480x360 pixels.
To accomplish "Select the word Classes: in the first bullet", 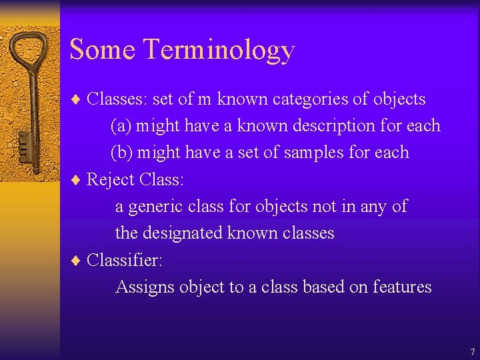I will click(117, 99).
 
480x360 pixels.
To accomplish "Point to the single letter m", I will click(205, 100).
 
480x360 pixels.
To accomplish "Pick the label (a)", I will click(121, 126).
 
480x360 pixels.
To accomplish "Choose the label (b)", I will click(121, 153).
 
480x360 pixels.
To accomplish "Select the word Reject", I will click(111, 180).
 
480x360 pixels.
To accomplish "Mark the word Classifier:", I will click(124, 260).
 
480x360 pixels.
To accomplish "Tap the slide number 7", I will click(472, 352).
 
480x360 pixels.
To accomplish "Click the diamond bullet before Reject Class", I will click(75, 180).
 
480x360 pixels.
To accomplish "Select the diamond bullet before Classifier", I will click(75, 260).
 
